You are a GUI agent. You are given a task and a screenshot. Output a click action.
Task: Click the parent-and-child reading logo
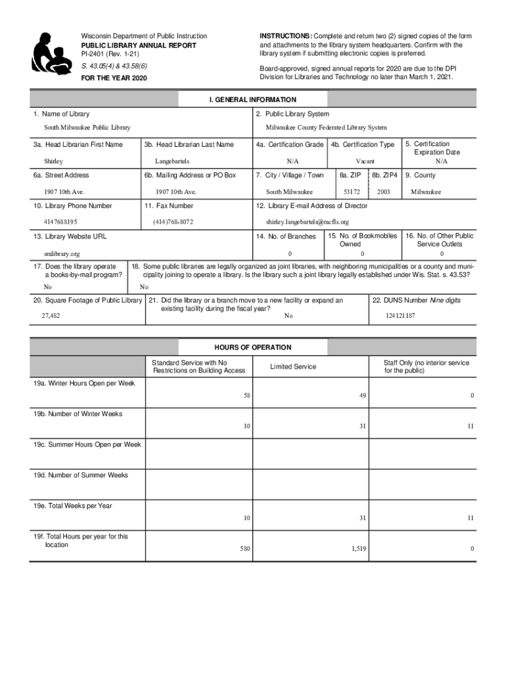(x=51, y=52)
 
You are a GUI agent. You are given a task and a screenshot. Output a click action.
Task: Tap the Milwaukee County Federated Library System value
(x=326, y=128)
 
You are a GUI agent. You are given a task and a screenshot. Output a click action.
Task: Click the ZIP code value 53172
(x=352, y=192)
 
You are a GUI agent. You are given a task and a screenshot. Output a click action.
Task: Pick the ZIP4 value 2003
(x=384, y=192)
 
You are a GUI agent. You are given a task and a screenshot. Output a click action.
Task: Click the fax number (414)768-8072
(x=173, y=222)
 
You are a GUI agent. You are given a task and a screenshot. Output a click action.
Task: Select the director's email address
(x=307, y=222)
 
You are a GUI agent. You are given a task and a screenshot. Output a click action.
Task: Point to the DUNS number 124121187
(x=400, y=316)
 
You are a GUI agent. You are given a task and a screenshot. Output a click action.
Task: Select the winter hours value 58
(x=246, y=396)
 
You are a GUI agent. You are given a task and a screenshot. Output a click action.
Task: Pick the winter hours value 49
(x=362, y=396)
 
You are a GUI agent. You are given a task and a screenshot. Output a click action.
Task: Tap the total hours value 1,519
(x=358, y=548)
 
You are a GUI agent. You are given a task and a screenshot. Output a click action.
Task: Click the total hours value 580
(x=245, y=548)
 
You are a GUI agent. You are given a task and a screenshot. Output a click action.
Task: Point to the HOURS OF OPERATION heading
(x=252, y=348)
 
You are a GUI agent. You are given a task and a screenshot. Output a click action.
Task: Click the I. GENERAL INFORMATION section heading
(x=252, y=100)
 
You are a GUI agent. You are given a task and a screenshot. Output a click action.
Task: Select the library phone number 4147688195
(x=60, y=222)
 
